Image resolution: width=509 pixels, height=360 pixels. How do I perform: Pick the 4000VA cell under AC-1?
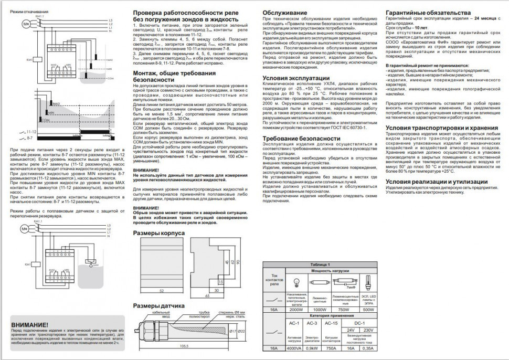point(294,347)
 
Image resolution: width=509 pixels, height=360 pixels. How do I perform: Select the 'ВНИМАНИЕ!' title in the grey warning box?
point(30,325)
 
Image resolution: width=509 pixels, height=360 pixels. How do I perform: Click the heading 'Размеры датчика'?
point(158,305)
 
